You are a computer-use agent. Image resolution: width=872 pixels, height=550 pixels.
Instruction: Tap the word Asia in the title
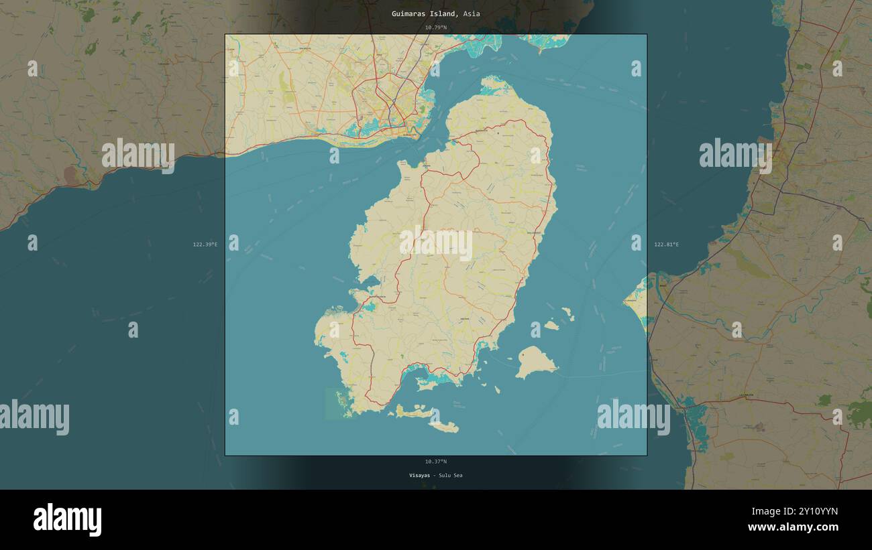[472, 13]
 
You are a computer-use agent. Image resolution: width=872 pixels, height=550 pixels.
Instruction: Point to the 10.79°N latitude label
[435, 27]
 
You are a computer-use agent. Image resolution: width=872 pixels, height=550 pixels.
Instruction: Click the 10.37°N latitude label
[435, 462]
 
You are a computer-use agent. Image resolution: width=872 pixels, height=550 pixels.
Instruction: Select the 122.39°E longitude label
[205, 245]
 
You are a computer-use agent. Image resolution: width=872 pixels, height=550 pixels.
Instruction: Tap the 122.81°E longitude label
[666, 245]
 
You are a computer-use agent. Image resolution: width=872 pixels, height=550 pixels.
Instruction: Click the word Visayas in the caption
[419, 476]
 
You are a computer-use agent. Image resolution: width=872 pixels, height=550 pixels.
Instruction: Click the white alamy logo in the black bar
[67, 520]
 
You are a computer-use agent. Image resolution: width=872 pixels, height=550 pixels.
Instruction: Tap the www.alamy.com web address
[792, 527]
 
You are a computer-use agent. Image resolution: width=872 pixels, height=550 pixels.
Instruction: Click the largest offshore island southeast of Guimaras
[535, 362]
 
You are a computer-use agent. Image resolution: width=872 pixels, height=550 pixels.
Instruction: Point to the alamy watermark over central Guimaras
[436, 243]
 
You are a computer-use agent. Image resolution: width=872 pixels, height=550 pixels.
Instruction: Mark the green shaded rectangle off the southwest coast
[333, 403]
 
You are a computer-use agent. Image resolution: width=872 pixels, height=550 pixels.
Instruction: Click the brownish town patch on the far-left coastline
[70, 176]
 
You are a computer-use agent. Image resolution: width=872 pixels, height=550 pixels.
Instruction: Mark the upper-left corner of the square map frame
[225, 35]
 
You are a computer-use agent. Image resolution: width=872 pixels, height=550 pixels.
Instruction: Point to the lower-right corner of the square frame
[647, 455]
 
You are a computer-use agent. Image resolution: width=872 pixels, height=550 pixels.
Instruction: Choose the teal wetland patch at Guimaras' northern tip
[495, 84]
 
